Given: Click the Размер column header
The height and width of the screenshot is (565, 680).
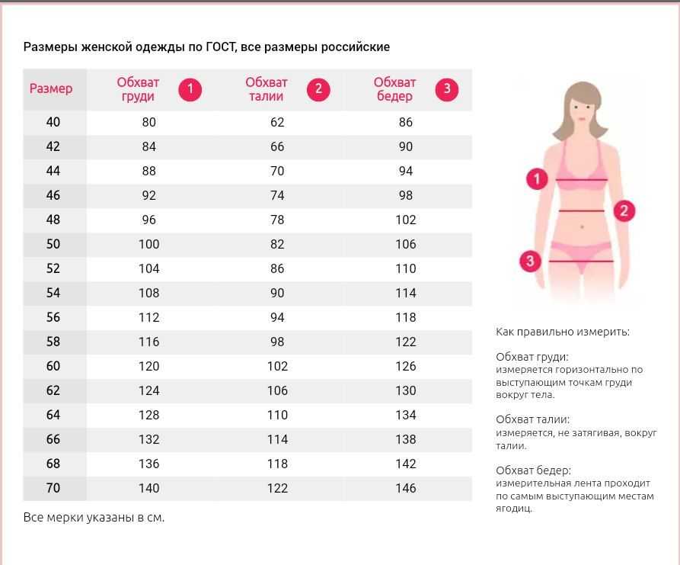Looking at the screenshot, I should (51, 88).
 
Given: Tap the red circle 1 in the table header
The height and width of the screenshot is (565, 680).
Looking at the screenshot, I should (190, 89).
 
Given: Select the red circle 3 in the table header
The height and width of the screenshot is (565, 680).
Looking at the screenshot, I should (447, 89).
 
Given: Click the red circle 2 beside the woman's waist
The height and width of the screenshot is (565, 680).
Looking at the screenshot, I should (624, 210).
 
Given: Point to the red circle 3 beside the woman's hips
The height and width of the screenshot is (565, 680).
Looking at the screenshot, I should (530, 261).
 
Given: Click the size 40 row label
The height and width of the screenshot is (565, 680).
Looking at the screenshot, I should (53, 122).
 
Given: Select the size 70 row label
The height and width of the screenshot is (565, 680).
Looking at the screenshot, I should (53, 488).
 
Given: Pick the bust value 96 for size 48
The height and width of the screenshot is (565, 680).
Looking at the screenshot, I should (148, 220).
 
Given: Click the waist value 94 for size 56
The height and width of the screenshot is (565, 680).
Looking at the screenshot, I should (277, 317).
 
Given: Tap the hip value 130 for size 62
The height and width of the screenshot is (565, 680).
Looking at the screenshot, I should (406, 390).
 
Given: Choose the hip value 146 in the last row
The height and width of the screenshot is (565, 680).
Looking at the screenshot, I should (406, 488).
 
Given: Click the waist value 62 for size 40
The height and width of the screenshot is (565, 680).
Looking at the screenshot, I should (277, 122).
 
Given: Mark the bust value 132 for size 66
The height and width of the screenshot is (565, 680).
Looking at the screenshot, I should (148, 439).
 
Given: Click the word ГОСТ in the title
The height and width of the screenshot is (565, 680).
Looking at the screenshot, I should (221, 47).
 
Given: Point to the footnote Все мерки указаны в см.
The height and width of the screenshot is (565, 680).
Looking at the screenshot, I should (94, 517).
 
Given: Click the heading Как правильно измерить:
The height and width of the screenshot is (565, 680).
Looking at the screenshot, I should (563, 332).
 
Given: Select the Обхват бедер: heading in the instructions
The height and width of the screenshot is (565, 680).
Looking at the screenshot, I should (533, 470).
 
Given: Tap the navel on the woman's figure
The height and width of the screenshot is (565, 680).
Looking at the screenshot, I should (583, 226).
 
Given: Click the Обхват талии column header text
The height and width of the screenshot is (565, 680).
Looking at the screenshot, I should (267, 89).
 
